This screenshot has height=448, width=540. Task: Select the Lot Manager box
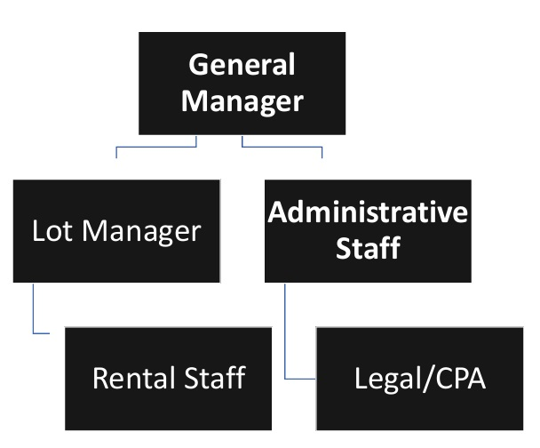pyautogui.click(x=116, y=231)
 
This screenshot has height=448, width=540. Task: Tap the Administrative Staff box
pyautogui.click(x=368, y=231)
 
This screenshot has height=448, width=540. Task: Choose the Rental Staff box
pyautogui.click(x=168, y=379)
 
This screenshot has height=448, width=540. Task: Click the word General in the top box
pyautogui.click(x=242, y=66)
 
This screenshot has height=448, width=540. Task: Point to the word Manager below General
pyautogui.click(x=242, y=100)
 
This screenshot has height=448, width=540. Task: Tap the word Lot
pyautogui.click(x=50, y=231)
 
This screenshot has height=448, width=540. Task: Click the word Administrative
pyautogui.click(x=368, y=213)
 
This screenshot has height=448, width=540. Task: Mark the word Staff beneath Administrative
pyautogui.click(x=368, y=248)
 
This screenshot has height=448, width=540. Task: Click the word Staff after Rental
pyautogui.click(x=214, y=379)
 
